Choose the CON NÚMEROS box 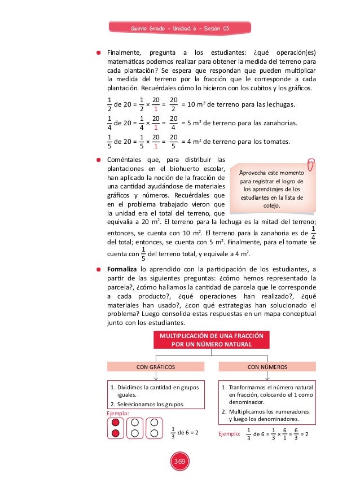tap(267, 367)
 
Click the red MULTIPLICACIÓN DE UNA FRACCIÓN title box tap(209, 339)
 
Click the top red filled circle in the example tap(115, 423)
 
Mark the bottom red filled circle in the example tap(115, 433)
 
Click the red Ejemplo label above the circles tap(118, 414)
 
